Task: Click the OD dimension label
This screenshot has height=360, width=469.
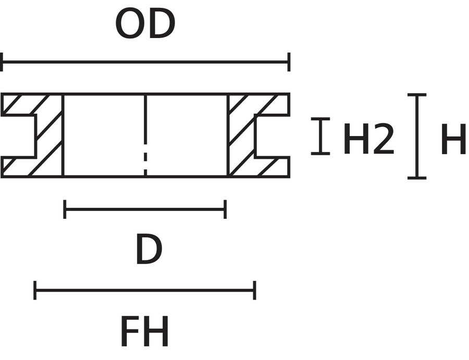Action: (x=145, y=23)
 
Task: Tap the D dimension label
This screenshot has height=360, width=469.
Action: (x=149, y=249)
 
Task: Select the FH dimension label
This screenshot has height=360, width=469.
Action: (x=145, y=331)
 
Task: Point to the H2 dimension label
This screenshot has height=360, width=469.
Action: (x=368, y=139)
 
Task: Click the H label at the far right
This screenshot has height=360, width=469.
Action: (x=454, y=139)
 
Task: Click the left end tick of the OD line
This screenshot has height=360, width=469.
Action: (x=2, y=62)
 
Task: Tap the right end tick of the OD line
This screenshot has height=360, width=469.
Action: (x=289, y=62)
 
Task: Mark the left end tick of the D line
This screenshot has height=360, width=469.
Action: (x=65, y=209)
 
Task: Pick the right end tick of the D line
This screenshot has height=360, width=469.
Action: (x=225, y=209)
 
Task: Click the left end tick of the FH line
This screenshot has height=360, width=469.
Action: (x=35, y=290)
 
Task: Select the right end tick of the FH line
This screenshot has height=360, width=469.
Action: (x=254, y=290)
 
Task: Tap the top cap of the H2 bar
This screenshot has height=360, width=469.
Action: (x=320, y=119)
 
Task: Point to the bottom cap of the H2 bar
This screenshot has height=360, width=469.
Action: (x=320, y=154)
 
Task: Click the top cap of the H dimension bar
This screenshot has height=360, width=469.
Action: (x=417, y=95)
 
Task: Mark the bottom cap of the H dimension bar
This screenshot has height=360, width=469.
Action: (x=417, y=178)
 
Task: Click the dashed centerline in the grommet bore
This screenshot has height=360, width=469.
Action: (x=145, y=135)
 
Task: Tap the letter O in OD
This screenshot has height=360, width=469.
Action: (x=130, y=23)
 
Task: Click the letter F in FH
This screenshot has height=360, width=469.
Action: (x=130, y=331)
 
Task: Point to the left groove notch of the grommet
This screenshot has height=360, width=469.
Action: (x=19, y=136)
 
